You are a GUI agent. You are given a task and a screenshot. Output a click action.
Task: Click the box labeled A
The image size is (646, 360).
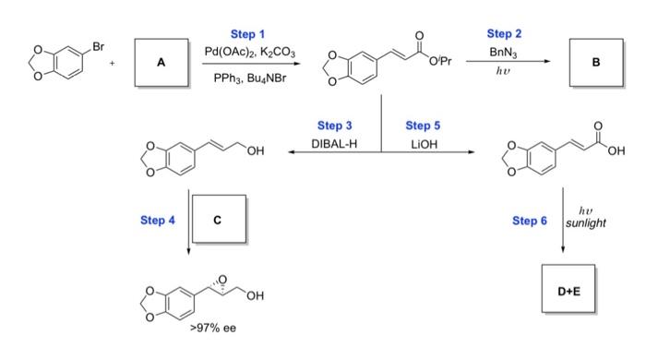161,63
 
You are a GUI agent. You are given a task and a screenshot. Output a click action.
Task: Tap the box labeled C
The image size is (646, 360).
217,219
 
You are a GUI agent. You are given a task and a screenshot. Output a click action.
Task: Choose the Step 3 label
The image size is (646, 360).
333,125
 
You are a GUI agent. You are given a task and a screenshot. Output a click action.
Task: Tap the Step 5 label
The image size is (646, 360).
423,125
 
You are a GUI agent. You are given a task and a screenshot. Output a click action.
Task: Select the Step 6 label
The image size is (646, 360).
530,220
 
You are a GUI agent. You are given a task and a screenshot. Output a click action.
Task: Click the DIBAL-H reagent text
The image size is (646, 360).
332,143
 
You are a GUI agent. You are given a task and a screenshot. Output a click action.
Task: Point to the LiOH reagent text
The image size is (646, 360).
423,143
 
